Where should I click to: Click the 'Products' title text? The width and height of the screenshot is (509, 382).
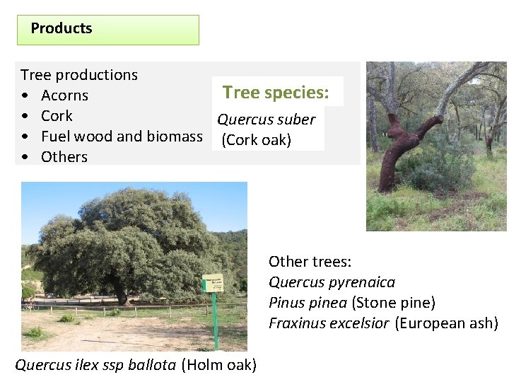coord(62,29)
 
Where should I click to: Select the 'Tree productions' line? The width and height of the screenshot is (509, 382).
coord(79,75)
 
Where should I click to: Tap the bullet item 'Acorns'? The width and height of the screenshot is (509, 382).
coord(64,95)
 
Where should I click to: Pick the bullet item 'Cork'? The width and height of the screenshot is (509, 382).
coord(57,116)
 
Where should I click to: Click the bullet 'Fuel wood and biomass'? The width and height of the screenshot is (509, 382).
coord(122,137)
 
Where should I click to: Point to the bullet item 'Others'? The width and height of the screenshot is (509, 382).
coord(64,157)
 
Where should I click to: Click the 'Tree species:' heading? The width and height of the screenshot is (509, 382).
coord(276,93)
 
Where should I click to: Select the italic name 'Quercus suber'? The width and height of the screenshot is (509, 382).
coord(266,120)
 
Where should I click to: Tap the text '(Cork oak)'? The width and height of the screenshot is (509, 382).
coord(256,140)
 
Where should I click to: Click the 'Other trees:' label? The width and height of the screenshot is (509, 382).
coord(310,262)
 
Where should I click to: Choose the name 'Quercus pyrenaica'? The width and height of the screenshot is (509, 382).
coord(332,282)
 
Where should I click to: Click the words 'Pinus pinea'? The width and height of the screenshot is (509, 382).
coord(308,303)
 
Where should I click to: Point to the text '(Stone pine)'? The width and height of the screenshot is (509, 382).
coord(393,303)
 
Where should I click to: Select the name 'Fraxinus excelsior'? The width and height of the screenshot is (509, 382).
coord(329,323)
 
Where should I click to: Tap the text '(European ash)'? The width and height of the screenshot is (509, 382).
coord(447,323)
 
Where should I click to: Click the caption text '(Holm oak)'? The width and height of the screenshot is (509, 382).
coord(219,365)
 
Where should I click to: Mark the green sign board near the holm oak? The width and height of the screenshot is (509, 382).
coord(213,283)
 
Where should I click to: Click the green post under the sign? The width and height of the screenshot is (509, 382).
coord(216,322)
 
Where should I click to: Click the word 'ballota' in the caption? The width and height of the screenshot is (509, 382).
coord(153,365)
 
